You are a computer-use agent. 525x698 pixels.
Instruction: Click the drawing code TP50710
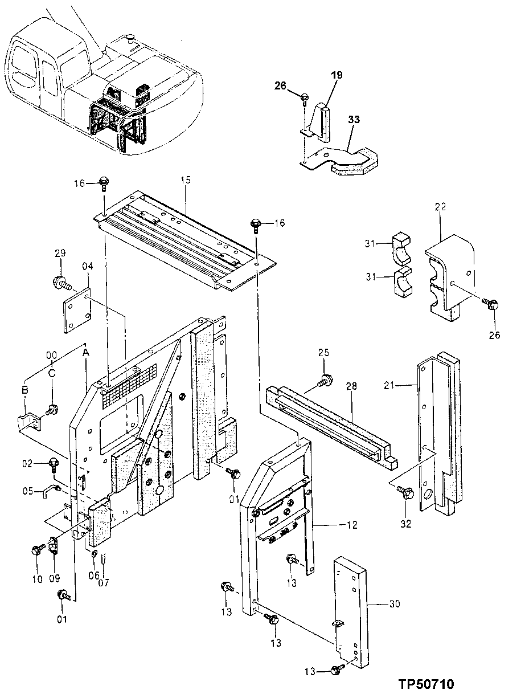pyautogui.click(x=426, y=683)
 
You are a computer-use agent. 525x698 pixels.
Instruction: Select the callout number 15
pyautogui.click(x=186, y=179)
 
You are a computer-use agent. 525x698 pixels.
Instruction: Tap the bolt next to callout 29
pyautogui.click(x=60, y=281)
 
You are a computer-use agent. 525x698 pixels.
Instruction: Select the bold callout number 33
pyautogui.click(x=354, y=120)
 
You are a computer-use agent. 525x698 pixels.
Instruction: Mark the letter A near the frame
pyautogui.click(x=86, y=353)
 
